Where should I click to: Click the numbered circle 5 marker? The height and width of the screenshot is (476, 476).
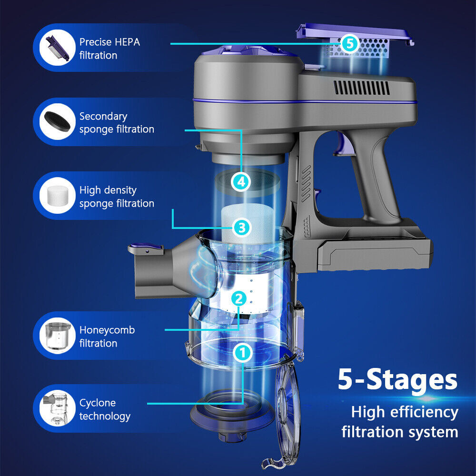click(349, 44)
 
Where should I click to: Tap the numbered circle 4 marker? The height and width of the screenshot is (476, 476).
click(241, 181)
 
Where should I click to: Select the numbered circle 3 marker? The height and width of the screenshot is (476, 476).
click(241, 228)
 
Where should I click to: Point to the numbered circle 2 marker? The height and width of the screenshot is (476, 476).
click(239, 299)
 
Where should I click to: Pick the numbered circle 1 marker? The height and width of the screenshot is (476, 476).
click(242, 353)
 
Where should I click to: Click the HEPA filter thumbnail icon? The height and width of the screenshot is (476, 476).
click(56, 48)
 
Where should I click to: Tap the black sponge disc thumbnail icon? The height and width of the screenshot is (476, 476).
click(56, 122)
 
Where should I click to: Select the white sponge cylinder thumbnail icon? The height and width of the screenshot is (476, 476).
click(56, 196)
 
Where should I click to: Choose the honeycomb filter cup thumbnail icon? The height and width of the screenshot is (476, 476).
click(56, 336)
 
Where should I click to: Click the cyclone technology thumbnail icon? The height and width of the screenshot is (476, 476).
click(56, 409)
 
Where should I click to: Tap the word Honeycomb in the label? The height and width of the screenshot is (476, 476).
click(107, 330)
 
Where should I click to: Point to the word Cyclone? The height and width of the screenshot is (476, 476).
click(98, 403)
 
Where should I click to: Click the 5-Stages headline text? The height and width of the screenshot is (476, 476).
click(397, 379)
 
